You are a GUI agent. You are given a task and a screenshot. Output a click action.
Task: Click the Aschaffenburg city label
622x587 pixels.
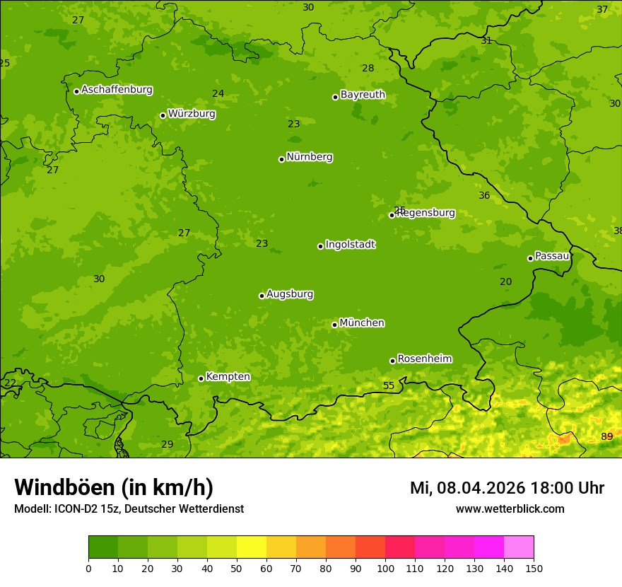pos(117,90)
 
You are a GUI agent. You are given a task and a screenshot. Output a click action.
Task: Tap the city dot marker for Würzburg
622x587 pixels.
pos(163,115)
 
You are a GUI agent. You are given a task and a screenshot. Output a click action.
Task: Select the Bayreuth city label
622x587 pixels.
pos(363,95)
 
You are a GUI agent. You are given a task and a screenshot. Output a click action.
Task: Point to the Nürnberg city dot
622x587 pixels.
pos(281,159)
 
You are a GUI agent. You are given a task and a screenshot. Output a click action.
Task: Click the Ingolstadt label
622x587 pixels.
pos(350,245)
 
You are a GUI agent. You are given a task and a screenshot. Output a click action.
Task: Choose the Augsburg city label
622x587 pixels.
pos(290,294)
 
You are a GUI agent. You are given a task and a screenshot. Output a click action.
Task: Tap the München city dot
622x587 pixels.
pos(334,325)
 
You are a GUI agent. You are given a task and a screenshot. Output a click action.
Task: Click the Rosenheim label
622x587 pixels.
pos(424,359)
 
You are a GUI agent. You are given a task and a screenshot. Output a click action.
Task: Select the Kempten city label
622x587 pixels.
pos(228,377)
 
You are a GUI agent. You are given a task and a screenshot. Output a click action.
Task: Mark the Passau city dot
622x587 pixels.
pos(530,258)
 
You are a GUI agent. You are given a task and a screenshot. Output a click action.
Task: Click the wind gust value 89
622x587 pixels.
pos(606,436)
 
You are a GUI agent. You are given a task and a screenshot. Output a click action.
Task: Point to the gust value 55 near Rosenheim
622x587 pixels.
pos(389,385)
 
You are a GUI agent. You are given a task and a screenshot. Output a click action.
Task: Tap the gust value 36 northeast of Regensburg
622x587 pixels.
pos(484,196)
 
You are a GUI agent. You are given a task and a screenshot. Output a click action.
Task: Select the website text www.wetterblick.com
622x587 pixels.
pos(510,508)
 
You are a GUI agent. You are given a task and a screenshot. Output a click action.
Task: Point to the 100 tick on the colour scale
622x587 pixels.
pos(385,568)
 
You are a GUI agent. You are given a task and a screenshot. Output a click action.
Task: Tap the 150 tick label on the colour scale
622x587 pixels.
pos(534,568)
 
